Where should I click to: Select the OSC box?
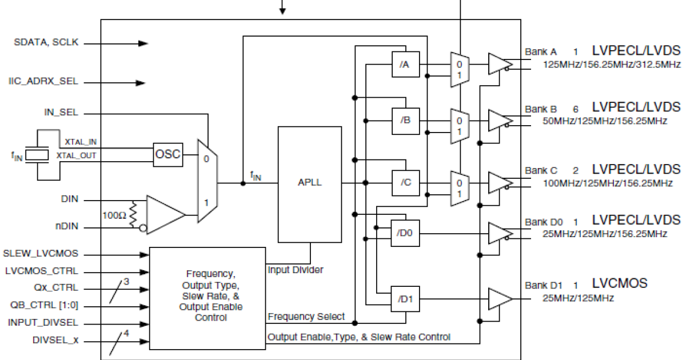168,154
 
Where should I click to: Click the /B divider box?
405,121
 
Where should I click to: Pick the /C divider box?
405,182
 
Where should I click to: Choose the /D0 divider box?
405,233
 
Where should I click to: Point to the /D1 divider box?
405,299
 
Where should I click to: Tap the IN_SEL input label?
61,113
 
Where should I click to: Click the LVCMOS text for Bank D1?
620,283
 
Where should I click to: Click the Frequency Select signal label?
306,317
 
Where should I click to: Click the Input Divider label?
296,269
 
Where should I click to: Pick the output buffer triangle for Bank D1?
499,299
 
